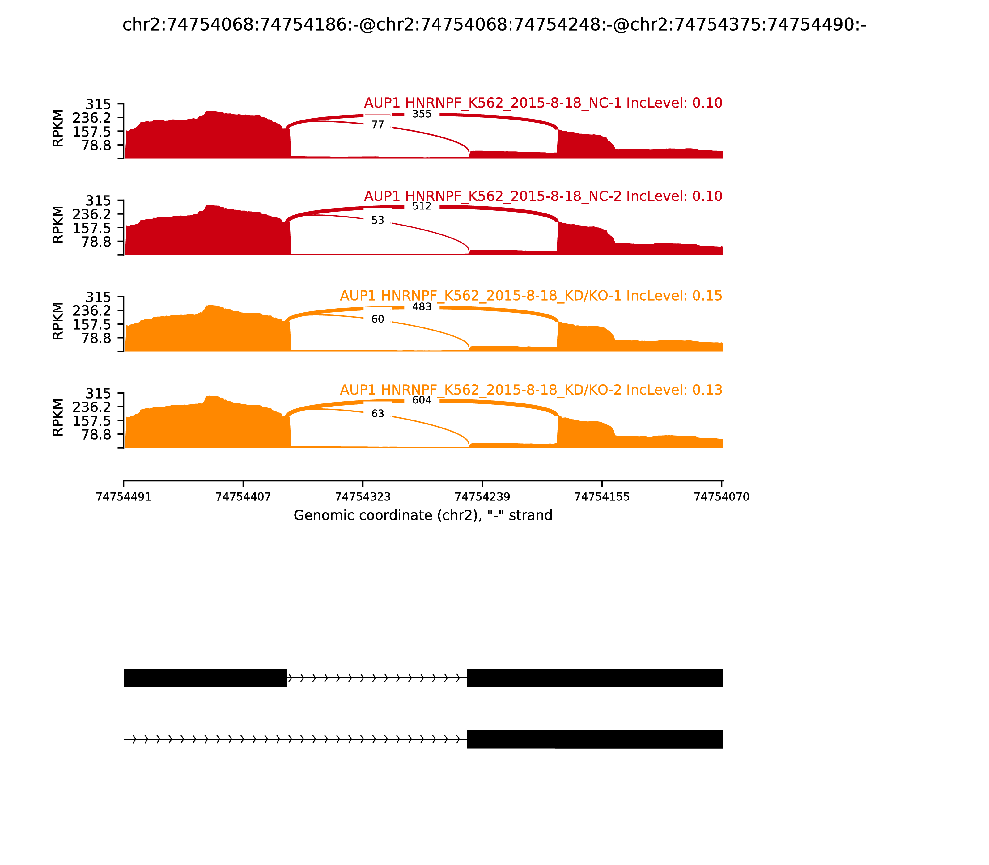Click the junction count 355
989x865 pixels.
[x=422, y=114]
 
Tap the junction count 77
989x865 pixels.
[x=378, y=125]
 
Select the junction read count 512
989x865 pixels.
[x=422, y=206]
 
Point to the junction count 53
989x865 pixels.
[x=378, y=221]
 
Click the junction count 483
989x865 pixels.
[x=422, y=307]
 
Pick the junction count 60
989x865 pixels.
[x=378, y=319]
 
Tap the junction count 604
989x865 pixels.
[x=422, y=400]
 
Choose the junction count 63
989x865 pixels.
[x=378, y=414]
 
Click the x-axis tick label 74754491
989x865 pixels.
[x=124, y=497]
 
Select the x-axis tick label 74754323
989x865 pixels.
[x=363, y=497]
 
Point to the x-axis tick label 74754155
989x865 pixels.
[x=602, y=497]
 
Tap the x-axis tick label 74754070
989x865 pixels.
[x=721, y=497]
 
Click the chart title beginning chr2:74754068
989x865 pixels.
[x=494, y=25]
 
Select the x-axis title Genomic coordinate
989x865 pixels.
[x=422, y=516]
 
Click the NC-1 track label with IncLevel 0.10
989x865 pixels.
[x=543, y=103]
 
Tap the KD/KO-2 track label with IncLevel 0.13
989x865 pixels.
[x=531, y=390]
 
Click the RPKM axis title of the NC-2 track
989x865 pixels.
[x=57, y=225]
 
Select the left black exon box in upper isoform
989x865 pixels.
[x=205, y=678]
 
